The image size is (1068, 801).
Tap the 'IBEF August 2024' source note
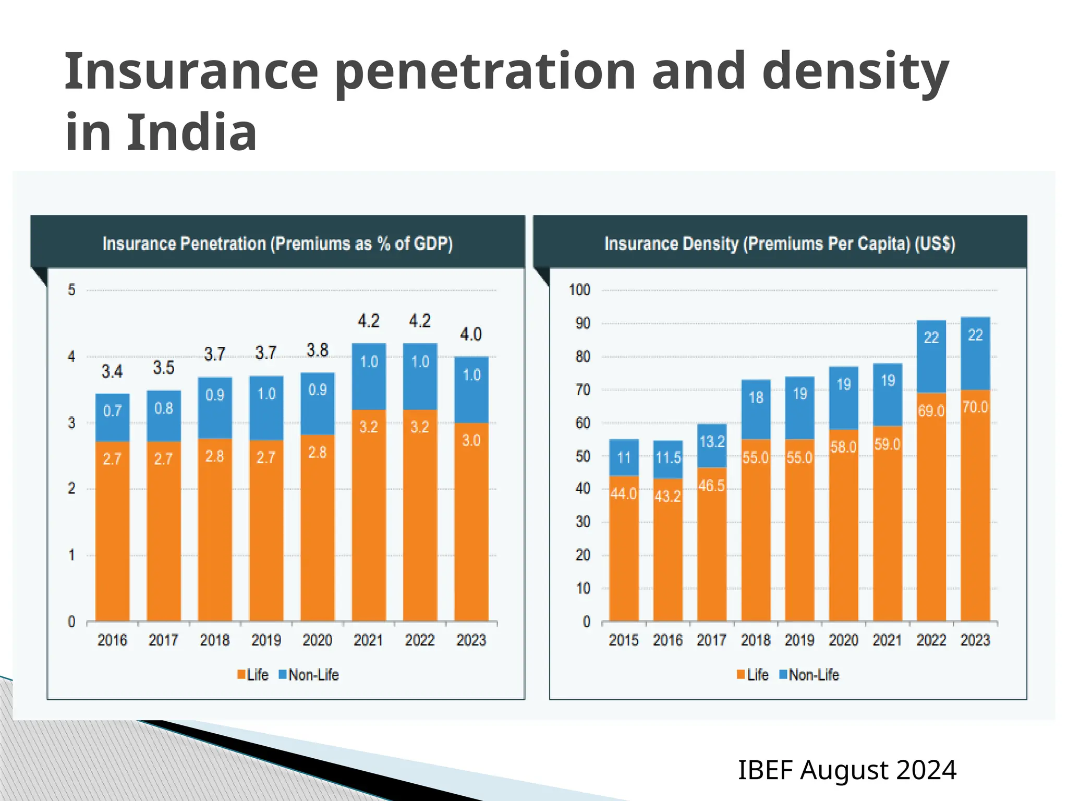(x=847, y=770)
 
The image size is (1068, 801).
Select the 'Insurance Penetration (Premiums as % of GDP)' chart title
(x=277, y=244)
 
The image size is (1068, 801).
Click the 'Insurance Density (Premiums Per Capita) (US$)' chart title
(x=780, y=244)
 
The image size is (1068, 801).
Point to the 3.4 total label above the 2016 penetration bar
(x=112, y=371)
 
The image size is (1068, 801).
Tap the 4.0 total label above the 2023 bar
(x=471, y=334)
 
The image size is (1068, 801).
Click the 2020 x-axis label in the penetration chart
(x=317, y=640)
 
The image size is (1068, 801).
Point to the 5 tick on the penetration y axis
(x=72, y=290)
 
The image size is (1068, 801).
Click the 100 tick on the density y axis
(x=579, y=290)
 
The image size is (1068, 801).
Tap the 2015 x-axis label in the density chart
(x=623, y=640)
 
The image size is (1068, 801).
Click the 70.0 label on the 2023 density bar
(x=975, y=407)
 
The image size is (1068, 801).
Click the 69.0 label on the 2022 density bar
(x=931, y=411)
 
